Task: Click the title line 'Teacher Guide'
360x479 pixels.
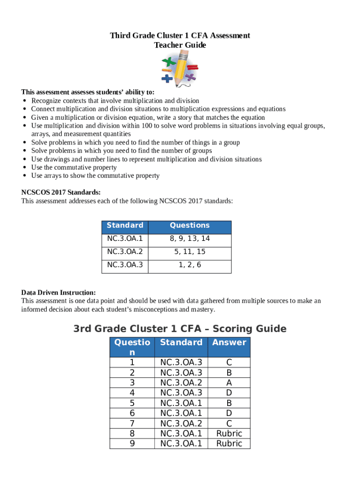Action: click(x=180, y=45)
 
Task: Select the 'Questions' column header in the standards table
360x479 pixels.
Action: click(x=190, y=225)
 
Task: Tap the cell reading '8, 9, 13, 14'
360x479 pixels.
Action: click(x=190, y=239)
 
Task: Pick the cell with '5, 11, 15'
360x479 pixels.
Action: click(x=190, y=252)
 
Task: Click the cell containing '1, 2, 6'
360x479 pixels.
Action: click(x=190, y=265)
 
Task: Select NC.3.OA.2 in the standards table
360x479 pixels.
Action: click(x=125, y=252)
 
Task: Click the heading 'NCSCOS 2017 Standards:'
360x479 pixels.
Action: click(x=61, y=193)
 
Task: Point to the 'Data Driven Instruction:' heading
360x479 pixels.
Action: click(x=58, y=293)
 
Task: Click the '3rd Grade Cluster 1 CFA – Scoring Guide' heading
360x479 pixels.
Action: click(x=180, y=329)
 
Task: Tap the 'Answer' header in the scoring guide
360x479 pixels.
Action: click(x=229, y=342)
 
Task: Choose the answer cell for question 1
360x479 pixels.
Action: click(x=229, y=363)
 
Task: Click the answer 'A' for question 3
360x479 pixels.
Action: click(x=229, y=383)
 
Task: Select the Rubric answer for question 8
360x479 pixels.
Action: click(x=229, y=433)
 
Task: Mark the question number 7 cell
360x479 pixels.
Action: click(x=132, y=423)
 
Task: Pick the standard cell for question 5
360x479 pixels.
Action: click(x=181, y=403)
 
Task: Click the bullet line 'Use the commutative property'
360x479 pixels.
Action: click(x=74, y=167)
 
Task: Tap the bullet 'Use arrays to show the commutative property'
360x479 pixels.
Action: click(x=95, y=176)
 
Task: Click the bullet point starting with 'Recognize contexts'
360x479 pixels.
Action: click(x=115, y=101)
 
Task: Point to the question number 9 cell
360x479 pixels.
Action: click(x=132, y=443)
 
